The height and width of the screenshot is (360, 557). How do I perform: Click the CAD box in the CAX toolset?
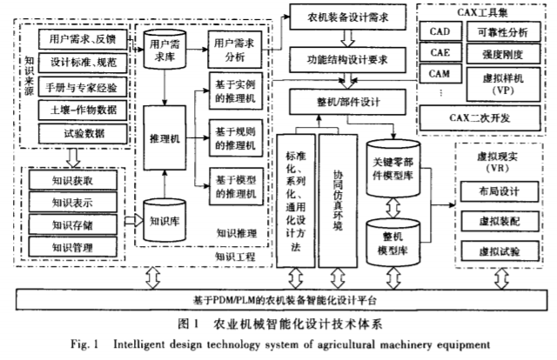440,31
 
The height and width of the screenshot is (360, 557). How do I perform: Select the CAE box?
440,52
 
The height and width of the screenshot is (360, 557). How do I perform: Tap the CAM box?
440,74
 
